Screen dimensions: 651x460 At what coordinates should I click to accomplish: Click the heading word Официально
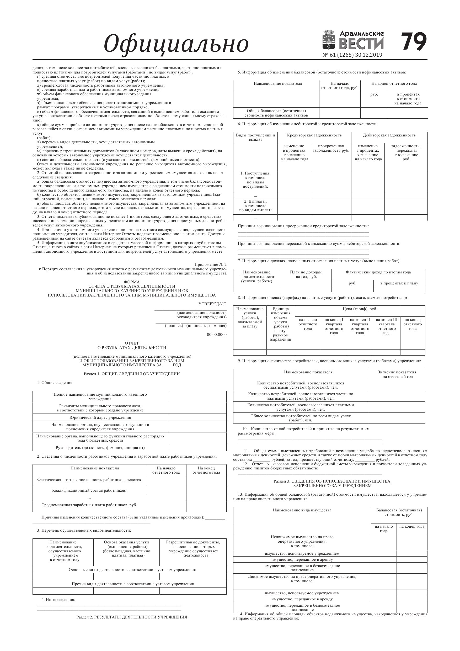[176, 44]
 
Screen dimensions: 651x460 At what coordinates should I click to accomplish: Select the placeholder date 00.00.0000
[217, 335]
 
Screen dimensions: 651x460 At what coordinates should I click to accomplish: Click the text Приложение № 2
[210, 264]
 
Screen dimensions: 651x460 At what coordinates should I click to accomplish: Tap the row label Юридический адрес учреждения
[100, 417]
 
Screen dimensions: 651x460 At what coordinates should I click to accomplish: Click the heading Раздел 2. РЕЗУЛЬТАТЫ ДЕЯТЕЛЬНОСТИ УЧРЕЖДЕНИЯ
[132, 617]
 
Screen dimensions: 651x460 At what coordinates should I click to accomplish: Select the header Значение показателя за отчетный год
[397, 374]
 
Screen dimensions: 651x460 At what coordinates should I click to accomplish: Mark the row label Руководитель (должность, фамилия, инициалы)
[100, 448]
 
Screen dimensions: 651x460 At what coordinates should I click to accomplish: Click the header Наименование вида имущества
[302, 510]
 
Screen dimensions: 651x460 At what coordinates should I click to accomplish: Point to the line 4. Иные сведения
[58, 599]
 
